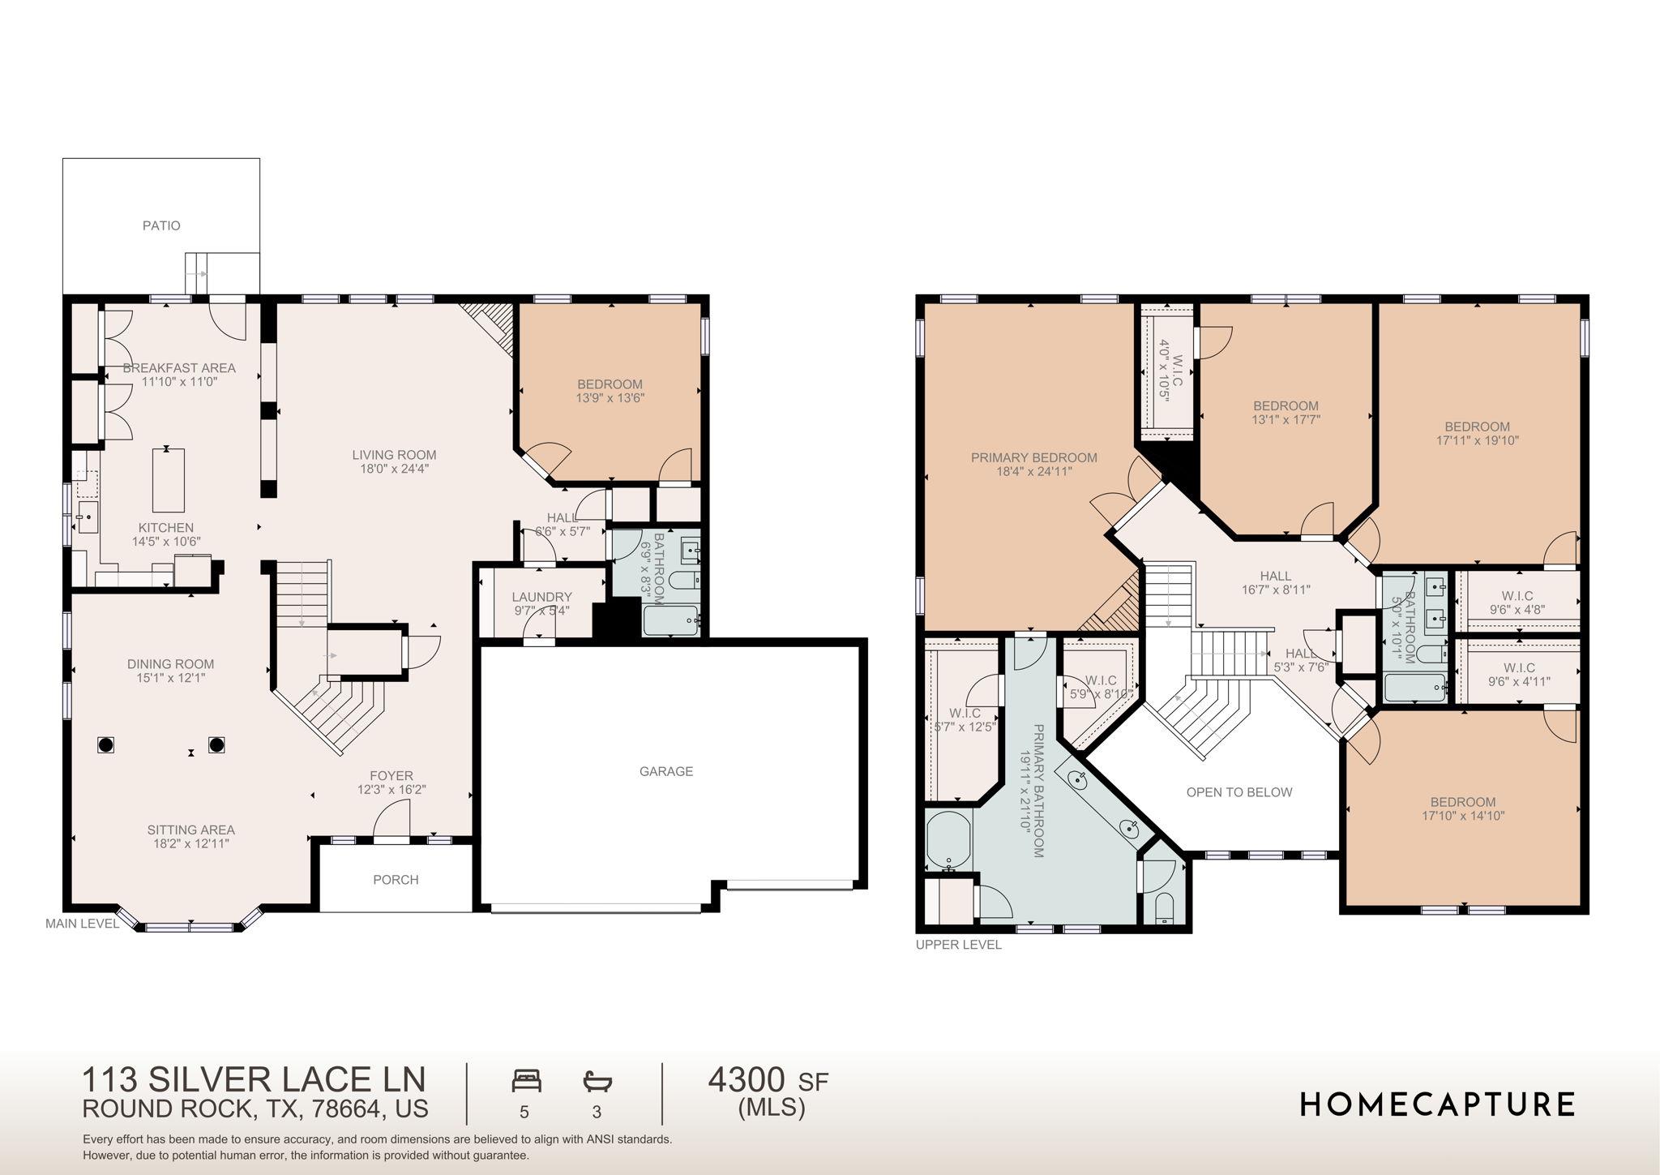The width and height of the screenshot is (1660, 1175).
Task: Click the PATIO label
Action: pyautogui.click(x=161, y=225)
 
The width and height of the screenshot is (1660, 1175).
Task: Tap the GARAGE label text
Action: pyautogui.click(x=666, y=771)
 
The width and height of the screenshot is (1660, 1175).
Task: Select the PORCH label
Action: pyautogui.click(x=396, y=880)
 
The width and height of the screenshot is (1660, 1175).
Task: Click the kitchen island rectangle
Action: pyautogui.click(x=169, y=480)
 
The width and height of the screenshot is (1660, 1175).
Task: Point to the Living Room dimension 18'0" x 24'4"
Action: pyautogui.click(x=394, y=469)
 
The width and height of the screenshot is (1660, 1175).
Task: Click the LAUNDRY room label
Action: pyautogui.click(x=541, y=597)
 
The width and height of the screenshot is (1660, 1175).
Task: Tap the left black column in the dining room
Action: pyautogui.click(x=105, y=744)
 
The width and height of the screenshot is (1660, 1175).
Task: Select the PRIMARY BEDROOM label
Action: pyautogui.click(x=1033, y=457)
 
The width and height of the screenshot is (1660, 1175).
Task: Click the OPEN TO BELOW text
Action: pyautogui.click(x=1239, y=792)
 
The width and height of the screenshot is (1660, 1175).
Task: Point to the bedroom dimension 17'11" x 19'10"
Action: pyautogui.click(x=1477, y=441)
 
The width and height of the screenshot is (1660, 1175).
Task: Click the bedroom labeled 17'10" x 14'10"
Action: pyautogui.click(x=1462, y=809)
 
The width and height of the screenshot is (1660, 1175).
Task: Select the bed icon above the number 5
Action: pyautogui.click(x=526, y=1081)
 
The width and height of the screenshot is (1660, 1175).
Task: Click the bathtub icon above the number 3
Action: pyautogui.click(x=597, y=1081)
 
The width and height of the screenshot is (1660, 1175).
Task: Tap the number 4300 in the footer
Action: pyautogui.click(x=747, y=1080)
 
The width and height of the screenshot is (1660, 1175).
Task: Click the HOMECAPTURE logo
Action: pyautogui.click(x=1437, y=1104)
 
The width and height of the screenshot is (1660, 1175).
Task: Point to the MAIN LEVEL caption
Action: pyautogui.click(x=82, y=924)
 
